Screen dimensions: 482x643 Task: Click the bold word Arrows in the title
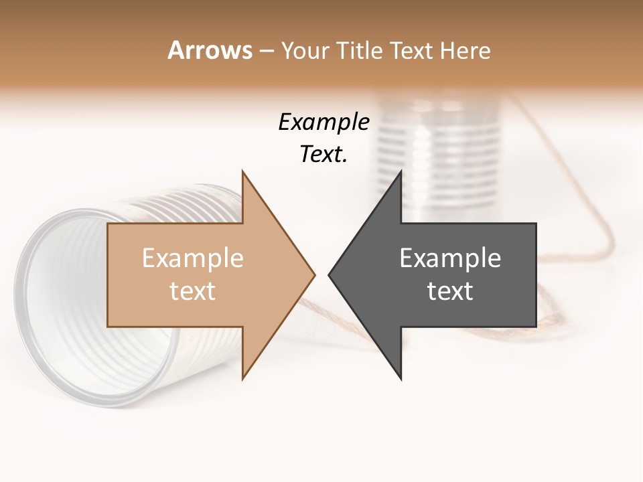coord(210,51)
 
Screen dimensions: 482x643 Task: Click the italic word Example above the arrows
coord(324,123)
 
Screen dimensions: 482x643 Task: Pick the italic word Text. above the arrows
coord(324,155)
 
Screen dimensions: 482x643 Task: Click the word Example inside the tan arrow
coord(193,258)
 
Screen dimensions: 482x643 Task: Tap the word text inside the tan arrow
coord(193,291)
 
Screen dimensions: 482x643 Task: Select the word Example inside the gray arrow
coord(450,258)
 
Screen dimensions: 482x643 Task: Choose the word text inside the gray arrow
coord(450,291)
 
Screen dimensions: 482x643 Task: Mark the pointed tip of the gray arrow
coord(330,274)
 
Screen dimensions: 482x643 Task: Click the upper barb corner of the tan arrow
coord(242,172)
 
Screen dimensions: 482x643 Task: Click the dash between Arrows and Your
coord(266,51)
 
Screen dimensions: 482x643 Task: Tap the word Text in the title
coord(411,51)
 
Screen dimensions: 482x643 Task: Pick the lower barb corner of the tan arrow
coord(242,378)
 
